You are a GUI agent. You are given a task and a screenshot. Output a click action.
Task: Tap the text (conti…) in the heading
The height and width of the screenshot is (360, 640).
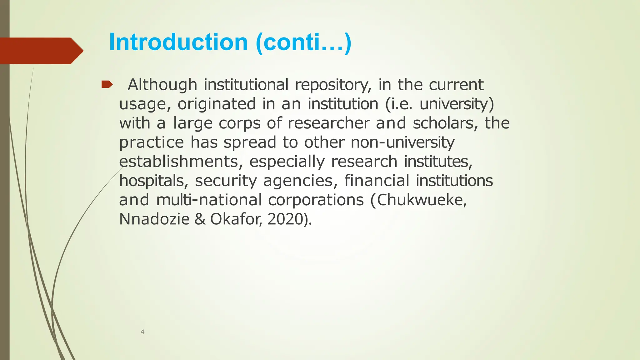[x=303, y=43]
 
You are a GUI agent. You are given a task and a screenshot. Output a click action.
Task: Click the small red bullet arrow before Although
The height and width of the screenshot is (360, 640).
[x=107, y=84]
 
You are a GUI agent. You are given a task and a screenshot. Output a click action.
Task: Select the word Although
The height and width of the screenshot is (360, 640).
[x=162, y=85]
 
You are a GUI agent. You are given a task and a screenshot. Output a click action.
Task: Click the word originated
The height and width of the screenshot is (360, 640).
[x=217, y=104]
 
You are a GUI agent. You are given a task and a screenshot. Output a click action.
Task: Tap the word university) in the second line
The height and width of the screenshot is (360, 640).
[x=457, y=104]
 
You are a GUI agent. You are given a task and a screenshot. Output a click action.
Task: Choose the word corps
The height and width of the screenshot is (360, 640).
[x=239, y=123]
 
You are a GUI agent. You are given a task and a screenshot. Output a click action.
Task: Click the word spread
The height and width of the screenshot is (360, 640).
[x=250, y=142]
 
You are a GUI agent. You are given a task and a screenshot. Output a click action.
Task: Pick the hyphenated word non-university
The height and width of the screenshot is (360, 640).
[x=402, y=142]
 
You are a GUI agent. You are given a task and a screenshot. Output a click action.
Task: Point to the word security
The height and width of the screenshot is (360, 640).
[x=226, y=181]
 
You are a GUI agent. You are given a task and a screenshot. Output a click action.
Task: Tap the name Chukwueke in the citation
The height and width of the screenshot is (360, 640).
[x=422, y=200]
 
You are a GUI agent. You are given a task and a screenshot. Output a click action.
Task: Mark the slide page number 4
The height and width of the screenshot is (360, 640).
[x=142, y=332]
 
